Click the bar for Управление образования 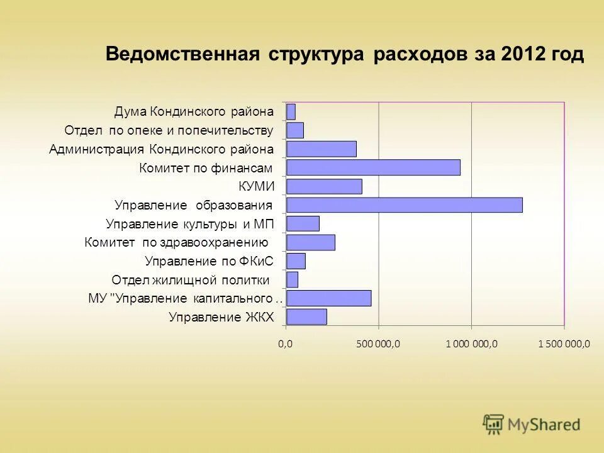pos(404,205)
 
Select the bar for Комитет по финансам pos(373,167)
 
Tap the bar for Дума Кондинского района pos(291,112)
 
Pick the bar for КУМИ pos(324,186)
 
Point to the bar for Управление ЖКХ pos(306,317)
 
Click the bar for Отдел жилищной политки pos(292,279)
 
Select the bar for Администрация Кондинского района pos(321,149)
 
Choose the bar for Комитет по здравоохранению pos(311,242)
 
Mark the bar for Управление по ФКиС pos(296,261)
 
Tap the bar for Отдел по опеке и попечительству pos(295,130)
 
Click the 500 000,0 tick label pos(377,344)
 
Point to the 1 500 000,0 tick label pos(564,344)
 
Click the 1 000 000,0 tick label pos(471,344)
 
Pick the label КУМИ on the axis pos(256,186)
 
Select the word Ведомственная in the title pos(183,54)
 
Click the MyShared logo pos(532,425)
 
